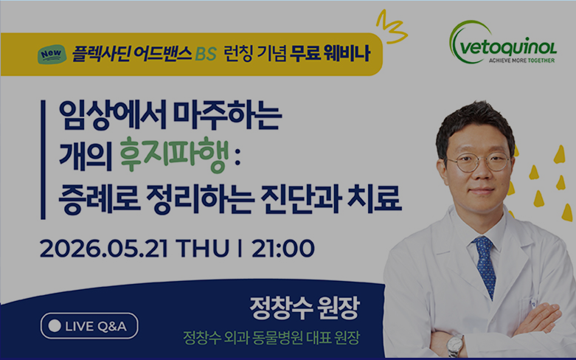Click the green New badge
[x=52, y=55]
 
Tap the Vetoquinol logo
[x=502, y=42]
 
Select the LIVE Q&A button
[x=89, y=326]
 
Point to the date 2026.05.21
[x=104, y=249]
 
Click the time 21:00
[x=283, y=249]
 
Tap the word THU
[x=203, y=249]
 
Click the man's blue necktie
[x=485, y=266]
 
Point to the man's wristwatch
[x=455, y=345]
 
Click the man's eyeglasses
[x=479, y=162]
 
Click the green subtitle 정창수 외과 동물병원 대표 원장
[x=271, y=338]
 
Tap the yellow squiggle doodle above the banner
[x=391, y=27]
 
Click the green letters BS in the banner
[x=206, y=55]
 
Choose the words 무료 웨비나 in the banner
[x=330, y=54]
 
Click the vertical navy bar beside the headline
[x=43, y=160]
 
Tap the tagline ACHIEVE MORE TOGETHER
[x=521, y=60]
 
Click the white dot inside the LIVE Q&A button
[x=55, y=326]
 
